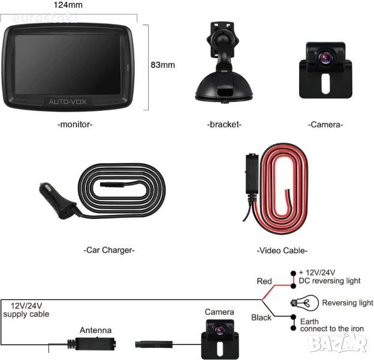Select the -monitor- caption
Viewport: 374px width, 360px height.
tap(75, 125)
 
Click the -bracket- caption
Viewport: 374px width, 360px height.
tap(224, 125)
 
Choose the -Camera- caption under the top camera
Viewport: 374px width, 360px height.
tap(325, 125)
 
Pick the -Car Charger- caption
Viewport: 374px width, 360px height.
tap(109, 250)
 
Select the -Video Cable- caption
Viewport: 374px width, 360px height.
tap(282, 250)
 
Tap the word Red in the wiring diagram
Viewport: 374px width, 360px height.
tap(264, 281)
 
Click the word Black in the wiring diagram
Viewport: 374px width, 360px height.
tap(261, 317)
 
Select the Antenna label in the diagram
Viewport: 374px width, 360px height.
tap(95, 330)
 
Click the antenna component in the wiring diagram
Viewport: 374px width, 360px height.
tap(93, 345)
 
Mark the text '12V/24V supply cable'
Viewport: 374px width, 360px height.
tap(26, 310)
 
